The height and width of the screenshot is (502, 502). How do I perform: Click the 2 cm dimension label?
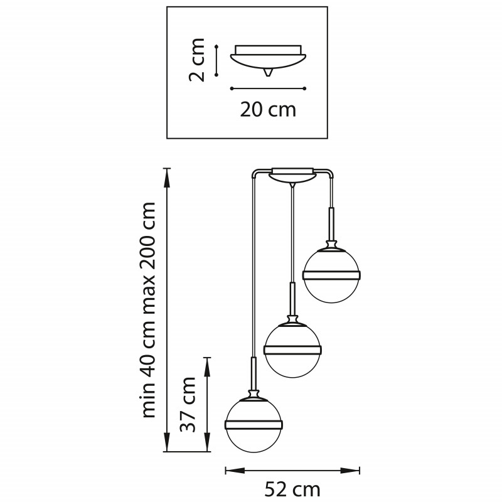click(x=196, y=60)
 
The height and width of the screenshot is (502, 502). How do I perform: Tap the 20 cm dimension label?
click(x=268, y=110)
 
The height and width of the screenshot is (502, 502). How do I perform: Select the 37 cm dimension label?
click(x=188, y=404)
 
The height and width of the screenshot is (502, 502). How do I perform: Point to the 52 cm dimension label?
click(x=292, y=490)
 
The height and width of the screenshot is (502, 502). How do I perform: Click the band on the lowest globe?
click(x=254, y=425)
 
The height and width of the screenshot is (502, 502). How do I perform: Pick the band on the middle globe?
click(x=292, y=350)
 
